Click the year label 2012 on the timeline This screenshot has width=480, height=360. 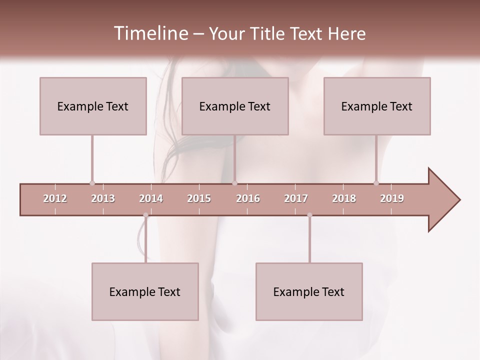pyautogui.click(x=55, y=198)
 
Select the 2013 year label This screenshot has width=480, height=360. pyautogui.click(x=103, y=198)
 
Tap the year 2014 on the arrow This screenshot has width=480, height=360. pyautogui.click(x=151, y=198)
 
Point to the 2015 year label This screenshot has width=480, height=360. pyautogui.click(x=199, y=198)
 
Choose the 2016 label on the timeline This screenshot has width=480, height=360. pyautogui.click(x=248, y=198)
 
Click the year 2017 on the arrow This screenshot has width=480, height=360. pyautogui.click(x=296, y=198)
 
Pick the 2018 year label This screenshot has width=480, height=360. pyautogui.click(x=344, y=198)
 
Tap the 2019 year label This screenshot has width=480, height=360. pyautogui.click(x=392, y=198)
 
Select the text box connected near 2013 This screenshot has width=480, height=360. pyautogui.click(x=93, y=106)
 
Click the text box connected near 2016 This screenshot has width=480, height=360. pyautogui.click(x=235, y=106)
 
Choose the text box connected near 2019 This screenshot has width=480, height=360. pyautogui.click(x=377, y=106)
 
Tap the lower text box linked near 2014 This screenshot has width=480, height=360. pyautogui.click(x=145, y=291)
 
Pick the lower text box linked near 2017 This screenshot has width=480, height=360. pyautogui.click(x=309, y=291)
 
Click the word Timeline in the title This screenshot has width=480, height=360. pyautogui.click(x=149, y=33)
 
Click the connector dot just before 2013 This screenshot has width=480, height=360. pyautogui.click(x=92, y=183)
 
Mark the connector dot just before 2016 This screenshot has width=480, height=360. pyautogui.click(x=235, y=183)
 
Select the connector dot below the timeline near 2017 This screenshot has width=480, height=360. pyautogui.click(x=309, y=215)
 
